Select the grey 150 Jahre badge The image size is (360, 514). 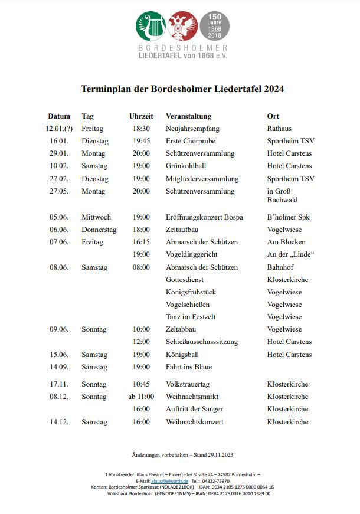[x=214, y=27]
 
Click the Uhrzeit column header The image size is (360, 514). [x=141, y=116]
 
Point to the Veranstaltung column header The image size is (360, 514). [x=188, y=116]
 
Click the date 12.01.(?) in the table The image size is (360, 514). [x=59, y=129]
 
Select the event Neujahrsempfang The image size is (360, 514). [x=192, y=129]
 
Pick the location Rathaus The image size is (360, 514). [x=279, y=129]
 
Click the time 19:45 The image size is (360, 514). [x=141, y=141]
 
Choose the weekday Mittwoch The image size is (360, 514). [x=96, y=217]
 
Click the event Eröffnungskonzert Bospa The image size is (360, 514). [x=204, y=217]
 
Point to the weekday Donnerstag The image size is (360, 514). [x=99, y=230]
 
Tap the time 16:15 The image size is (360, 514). [x=141, y=242]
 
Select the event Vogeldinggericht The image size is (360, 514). [x=192, y=254]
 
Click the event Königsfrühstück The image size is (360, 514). [x=191, y=292]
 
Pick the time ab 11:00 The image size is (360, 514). [x=141, y=397]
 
